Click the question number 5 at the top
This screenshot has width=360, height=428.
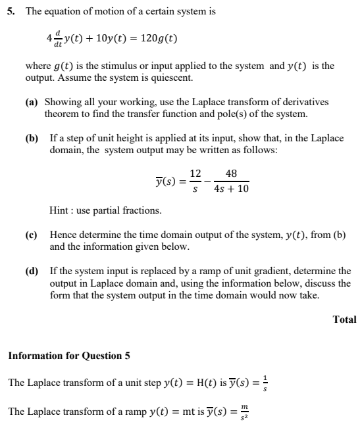click(11, 12)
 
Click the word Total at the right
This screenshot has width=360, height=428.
click(344, 320)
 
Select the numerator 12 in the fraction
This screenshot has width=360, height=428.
click(195, 174)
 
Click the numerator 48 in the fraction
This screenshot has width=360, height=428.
click(231, 174)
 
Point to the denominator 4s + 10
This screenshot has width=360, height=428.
click(232, 189)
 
